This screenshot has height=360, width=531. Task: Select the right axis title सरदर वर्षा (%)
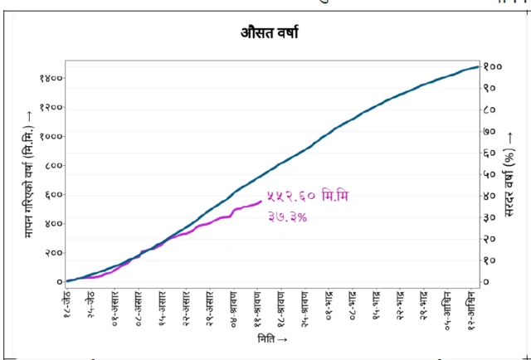click(x=510, y=177)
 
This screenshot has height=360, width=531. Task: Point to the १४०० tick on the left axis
click(x=51, y=78)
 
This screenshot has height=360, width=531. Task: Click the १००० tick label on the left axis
click(x=51, y=136)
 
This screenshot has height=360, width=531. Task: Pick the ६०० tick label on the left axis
click(x=53, y=194)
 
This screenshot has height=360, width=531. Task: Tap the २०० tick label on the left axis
click(x=53, y=252)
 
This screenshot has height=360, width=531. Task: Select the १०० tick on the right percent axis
click(x=491, y=66)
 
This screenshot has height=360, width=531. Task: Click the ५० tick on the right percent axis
click(x=490, y=174)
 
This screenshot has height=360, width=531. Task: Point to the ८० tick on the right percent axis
click(x=490, y=109)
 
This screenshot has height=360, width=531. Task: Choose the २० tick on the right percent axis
click(x=490, y=239)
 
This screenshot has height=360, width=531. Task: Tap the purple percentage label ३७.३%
click(x=287, y=217)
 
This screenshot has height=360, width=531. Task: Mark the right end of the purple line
click(x=261, y=201)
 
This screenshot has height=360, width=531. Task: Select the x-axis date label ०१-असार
click(x=114, y=305)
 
